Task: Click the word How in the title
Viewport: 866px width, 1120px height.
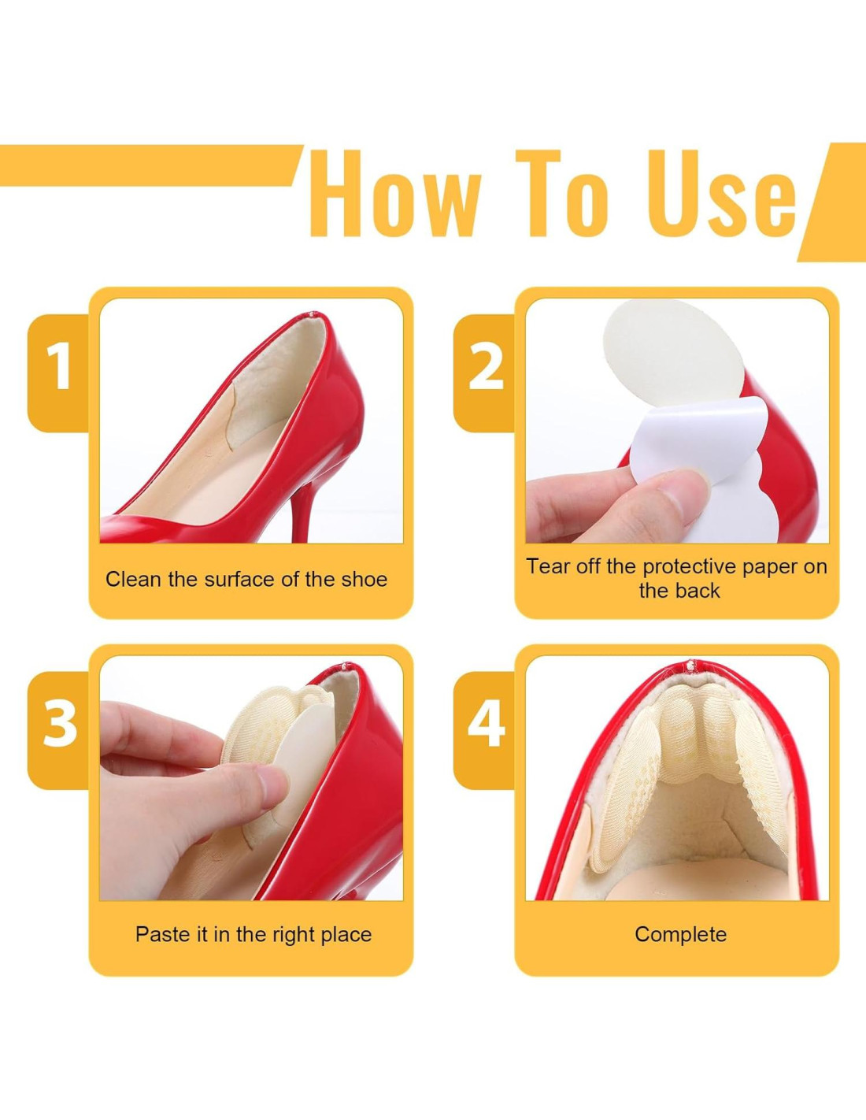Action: (395, 193)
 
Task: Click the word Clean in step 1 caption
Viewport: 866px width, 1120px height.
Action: (134, 580)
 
